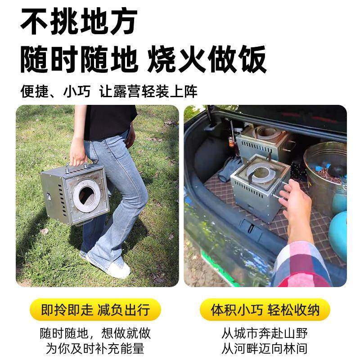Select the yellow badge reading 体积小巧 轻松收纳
click(x=265, y=310)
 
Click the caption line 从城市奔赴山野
click(x=265, y=333)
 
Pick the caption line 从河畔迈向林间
click(x=265, y=348)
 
